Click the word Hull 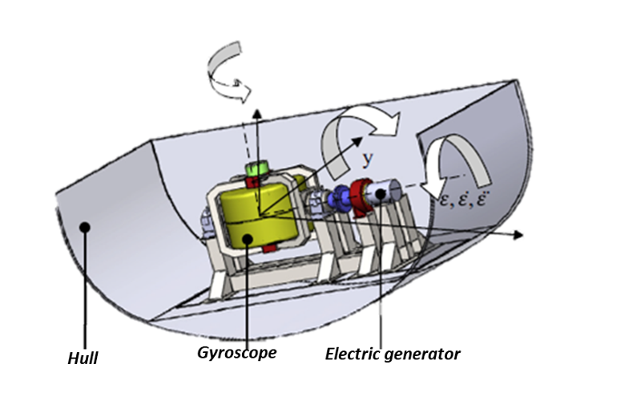[82, 358]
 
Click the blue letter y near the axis [367, 159]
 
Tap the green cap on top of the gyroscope [257, 169]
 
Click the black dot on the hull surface [83, 228]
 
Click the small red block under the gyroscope [268, 248]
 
